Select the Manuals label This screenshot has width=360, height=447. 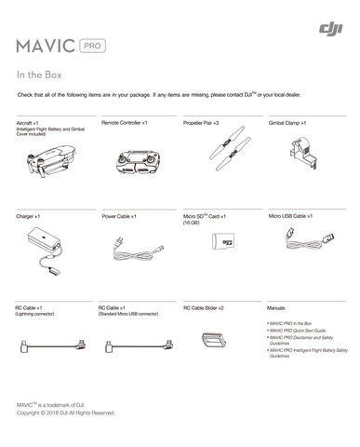click(275, 307)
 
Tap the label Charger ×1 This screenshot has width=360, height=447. click(29, 216)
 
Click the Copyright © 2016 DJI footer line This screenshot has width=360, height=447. click(65, 413)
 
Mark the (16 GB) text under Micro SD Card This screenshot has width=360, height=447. click(192, 223)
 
